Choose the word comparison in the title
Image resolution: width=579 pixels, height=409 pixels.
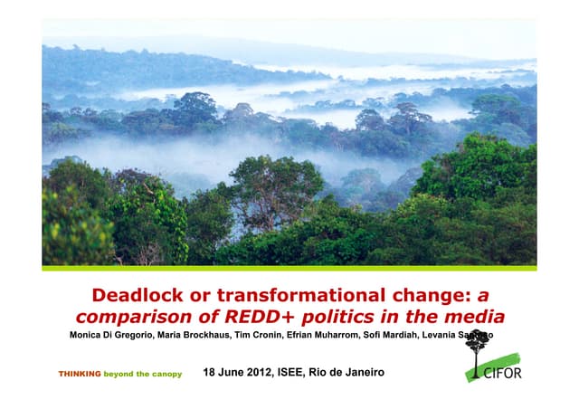(132, 317)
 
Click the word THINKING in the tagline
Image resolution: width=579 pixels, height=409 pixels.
(80, 374)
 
